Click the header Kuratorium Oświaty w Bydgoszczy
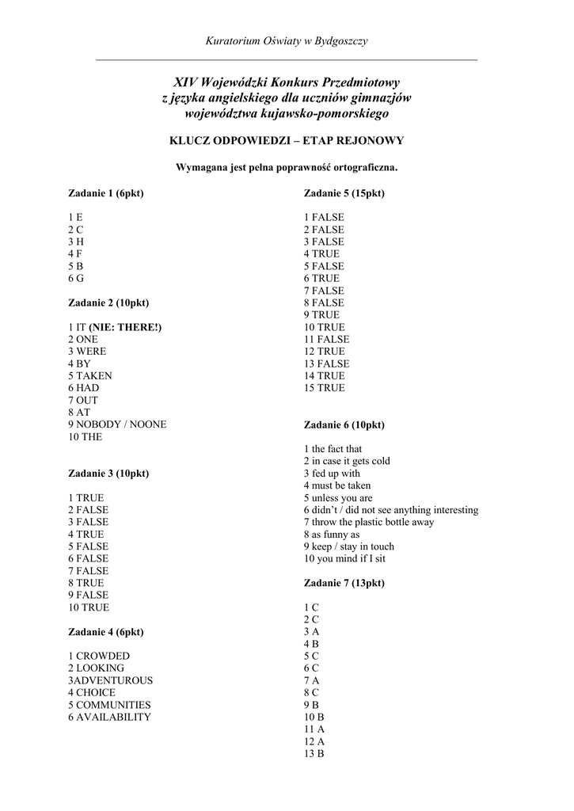point(286,40)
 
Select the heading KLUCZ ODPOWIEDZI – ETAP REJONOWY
point(287,141)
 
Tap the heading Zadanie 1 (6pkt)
point(105,193)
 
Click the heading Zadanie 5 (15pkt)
point(344,193)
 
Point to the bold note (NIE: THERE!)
point(124,327)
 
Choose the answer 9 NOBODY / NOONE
point(117,425)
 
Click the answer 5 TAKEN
point(89,375)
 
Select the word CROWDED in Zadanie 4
point(103,657)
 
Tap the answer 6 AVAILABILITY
point(109,717)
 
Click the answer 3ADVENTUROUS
point(110,680)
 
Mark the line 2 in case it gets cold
point(347,461)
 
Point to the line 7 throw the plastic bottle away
point(368,522)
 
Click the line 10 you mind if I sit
point(344,558)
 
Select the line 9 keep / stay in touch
point(348,546)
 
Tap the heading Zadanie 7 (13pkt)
point(344,583)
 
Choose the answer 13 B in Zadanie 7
point(314,754)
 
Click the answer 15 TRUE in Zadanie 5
point(325,388)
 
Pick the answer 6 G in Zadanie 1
point(76,279)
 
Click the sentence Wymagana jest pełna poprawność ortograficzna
point(287,168)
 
